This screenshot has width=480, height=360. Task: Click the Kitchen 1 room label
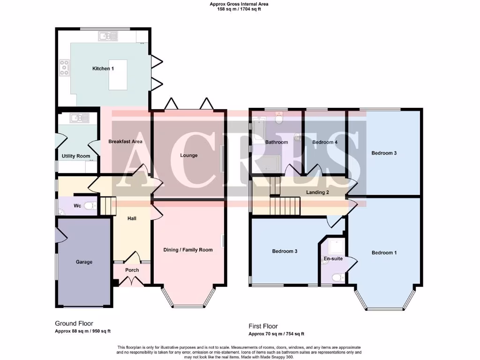[x=103, y=69]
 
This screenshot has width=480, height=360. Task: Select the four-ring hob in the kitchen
[x=64, y=68]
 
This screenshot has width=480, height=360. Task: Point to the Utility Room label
[x=75, y=156]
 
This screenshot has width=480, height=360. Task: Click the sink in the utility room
[x=75, y=118]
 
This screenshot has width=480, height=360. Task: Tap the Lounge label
[x=189, y=155]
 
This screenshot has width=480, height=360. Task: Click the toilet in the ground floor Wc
[x=91, y=206]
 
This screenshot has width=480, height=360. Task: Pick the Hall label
[x=132, y=218]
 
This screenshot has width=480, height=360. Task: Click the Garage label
[x=84, y=262]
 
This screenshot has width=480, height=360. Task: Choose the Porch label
[x=132, y=270]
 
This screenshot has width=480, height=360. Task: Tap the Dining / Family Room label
[x=188, y=250]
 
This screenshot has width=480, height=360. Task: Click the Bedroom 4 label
[x=325, y=142]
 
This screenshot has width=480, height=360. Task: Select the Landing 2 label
[x=317, y=192]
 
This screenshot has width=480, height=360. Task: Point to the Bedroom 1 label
[x=384, y=253]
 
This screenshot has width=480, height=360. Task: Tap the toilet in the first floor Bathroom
[x=280, y=120]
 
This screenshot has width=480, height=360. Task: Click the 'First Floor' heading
[x=263, y=326]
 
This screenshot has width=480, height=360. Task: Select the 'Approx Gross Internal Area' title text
[x=239, y=4]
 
